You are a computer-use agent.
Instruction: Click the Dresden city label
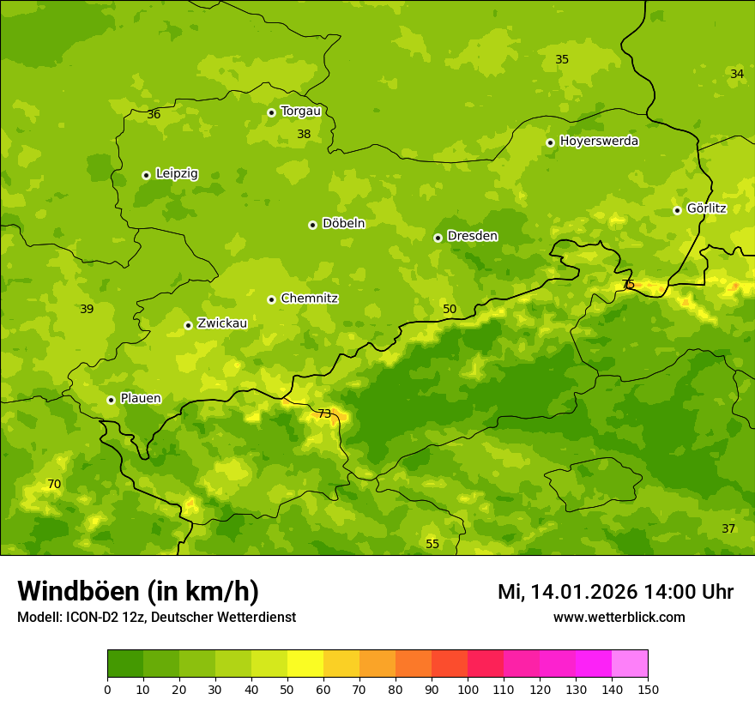coord(472,236)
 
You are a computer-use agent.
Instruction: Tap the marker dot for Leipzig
coord(146,175)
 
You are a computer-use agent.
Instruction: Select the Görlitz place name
coord(706,208)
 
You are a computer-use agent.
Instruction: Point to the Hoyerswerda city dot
coord(550,142)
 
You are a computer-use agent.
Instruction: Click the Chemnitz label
coord(309,299)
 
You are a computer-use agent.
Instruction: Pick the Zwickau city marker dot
coord(188,325)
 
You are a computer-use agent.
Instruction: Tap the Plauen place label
coord(141,399)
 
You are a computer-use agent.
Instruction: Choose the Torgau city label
coord(300,112)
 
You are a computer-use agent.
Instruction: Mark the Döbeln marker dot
coord(312,225)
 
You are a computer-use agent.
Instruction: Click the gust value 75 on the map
coord(628,285)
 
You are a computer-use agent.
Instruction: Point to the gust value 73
coord(324,414)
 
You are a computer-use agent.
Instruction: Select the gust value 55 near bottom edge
coord(432,545)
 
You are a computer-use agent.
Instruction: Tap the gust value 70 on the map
coord(54,485)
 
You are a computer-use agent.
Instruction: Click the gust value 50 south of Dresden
coord(450,310)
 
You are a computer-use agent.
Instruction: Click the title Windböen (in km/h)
coord(138,591)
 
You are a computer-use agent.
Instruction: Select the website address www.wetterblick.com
coord(619,618)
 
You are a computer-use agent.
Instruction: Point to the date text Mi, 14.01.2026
coord(568,592)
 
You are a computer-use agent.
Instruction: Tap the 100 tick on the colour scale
coord(468,689)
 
